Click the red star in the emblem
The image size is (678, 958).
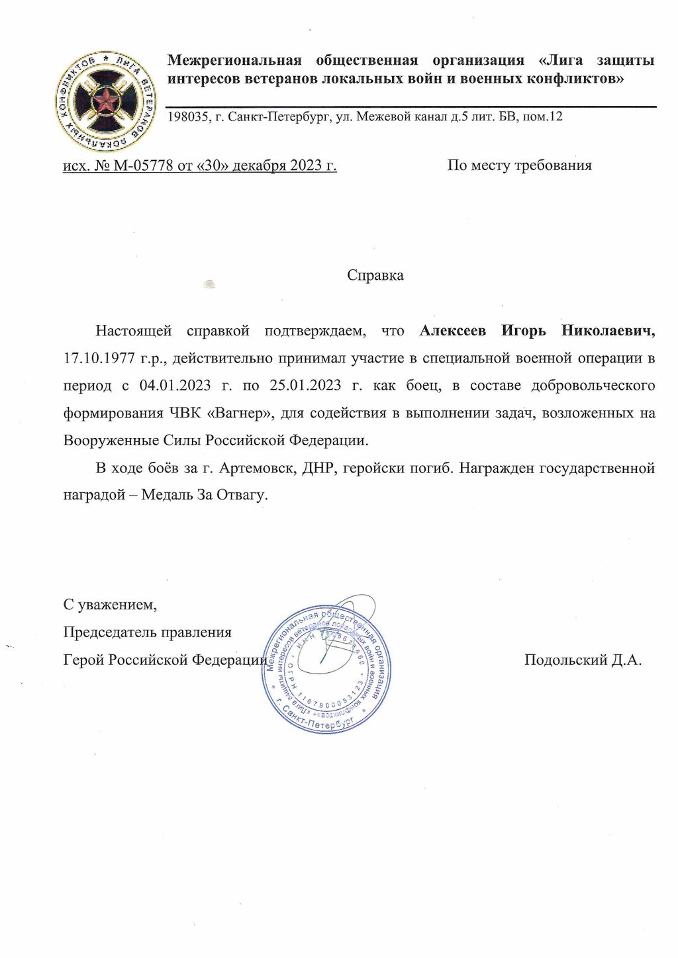[x=105, y=101]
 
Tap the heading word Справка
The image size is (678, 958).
[x=375, y=275]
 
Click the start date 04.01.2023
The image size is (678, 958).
[x=175, y=385]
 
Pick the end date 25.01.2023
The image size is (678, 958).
[x=305, y=385]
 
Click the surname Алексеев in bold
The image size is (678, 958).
[x=452, y=330]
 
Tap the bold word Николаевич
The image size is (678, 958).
[x=608, y=330]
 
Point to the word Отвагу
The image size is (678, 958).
[x=241, y=495]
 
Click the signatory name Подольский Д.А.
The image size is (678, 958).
[x=583, y=660]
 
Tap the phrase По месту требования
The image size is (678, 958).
[x=519, y=165]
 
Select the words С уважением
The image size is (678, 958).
[x=110, y=604]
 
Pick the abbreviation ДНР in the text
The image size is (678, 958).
[x=317, y=468]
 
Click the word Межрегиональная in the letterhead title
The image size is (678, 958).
[x=234, y=61]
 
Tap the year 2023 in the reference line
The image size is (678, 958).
[x=305, y=165]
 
